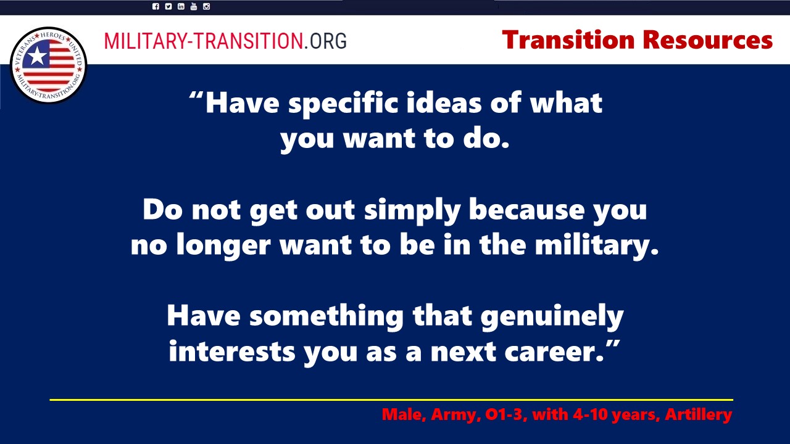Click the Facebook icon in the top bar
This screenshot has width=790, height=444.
(156, 6)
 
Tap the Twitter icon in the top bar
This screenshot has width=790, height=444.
(168, 6)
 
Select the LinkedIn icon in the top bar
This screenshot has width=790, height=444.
(181, 6)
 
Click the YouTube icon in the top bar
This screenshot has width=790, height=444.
(194, 6)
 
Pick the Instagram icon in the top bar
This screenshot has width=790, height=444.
(206, 6)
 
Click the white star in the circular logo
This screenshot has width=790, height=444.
(37, 55)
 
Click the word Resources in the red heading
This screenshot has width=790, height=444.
(708, 40)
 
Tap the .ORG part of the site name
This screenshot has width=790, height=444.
(325, 41)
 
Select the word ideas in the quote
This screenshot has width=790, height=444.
(444, 103)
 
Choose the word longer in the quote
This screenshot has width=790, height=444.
(223, 245)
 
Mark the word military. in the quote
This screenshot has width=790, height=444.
(597, 245)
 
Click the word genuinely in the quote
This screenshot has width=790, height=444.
(552, 317)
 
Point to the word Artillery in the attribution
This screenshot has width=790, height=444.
(698, 414)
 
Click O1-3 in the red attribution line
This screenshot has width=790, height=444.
(505, 414)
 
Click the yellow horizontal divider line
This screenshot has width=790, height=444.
(391, 400)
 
